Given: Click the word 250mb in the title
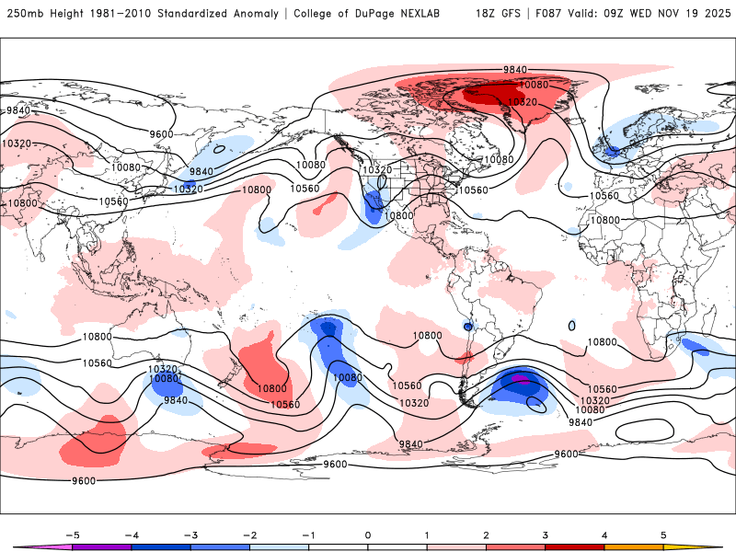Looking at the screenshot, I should [x=24, y=14].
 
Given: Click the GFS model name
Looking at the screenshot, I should [x=513, y=14].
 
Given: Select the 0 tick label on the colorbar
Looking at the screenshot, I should [x=368, y=534].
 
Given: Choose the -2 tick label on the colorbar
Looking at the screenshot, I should [x=249, y=534].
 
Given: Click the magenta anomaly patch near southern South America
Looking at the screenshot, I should [x=519, y=377].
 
